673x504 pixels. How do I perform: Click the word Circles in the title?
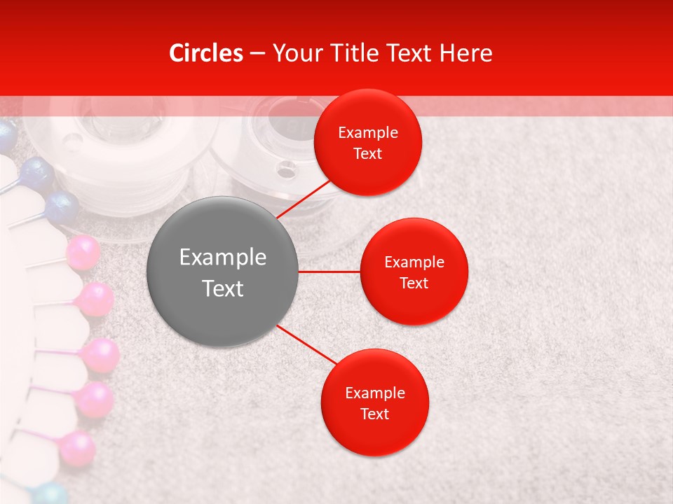(x=206, y=53)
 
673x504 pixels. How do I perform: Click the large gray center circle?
(x=222, y=272)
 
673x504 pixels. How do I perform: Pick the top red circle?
(x=367, y=143)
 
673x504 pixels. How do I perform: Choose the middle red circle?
(x=414, y=272)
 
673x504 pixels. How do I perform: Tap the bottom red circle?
(x=374, y=402)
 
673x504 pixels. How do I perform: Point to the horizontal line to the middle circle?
(x=329, y=272)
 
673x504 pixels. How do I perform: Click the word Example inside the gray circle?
(x=222, y=257)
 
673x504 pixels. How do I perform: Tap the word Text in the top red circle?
(x=367, y=154)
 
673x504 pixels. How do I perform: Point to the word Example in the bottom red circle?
(x=374, y=393)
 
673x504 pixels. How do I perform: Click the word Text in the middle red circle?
(x=414, y=283)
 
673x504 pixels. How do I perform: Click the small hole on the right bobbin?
(x=286, y=168)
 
